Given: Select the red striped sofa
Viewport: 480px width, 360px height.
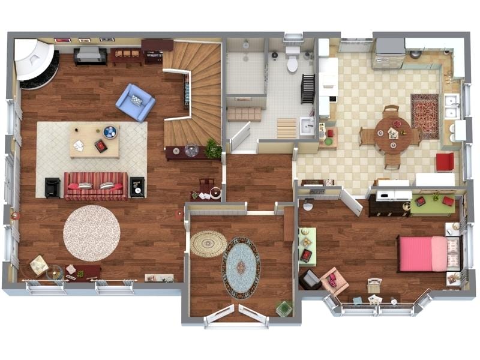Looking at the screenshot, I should tap(96, 187).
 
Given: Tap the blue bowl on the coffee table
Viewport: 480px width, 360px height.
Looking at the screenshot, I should tap(110, 132).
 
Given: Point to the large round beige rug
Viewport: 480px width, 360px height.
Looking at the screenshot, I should tap(92, 233).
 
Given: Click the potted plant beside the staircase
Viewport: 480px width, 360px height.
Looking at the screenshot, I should tap(213, 148).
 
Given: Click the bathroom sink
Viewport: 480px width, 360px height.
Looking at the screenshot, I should tap(307, 126).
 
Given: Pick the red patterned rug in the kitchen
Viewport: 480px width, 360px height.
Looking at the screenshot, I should tap(425, 116).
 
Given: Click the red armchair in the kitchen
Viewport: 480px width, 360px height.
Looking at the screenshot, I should tap(445, 161).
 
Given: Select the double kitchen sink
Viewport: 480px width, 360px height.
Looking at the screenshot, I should tap(452, 107).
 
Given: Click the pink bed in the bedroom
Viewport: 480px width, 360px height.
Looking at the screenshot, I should tap(422, 253).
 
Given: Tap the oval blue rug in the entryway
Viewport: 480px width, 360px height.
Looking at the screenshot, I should tap(241, 268).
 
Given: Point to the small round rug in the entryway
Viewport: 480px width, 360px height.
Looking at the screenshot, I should tap(209, 244).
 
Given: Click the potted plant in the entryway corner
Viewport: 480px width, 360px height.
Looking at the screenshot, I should tap(284, 308).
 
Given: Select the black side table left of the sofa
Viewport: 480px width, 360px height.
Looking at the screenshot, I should tap(53, 188).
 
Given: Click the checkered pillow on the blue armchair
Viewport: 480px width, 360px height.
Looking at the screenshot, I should tap(137, 100).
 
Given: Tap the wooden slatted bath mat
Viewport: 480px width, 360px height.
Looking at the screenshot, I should tap(287, 128).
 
